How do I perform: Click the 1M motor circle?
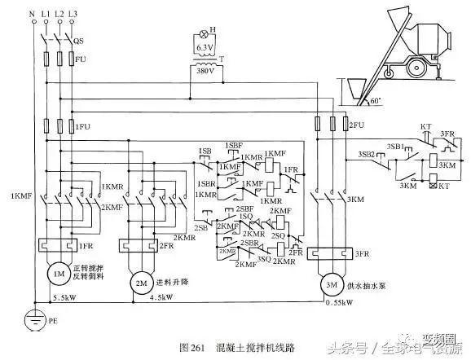[58, 274]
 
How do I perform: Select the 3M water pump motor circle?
[330, 285]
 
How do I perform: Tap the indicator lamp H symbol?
[193, 37]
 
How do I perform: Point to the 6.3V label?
[202, 48]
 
